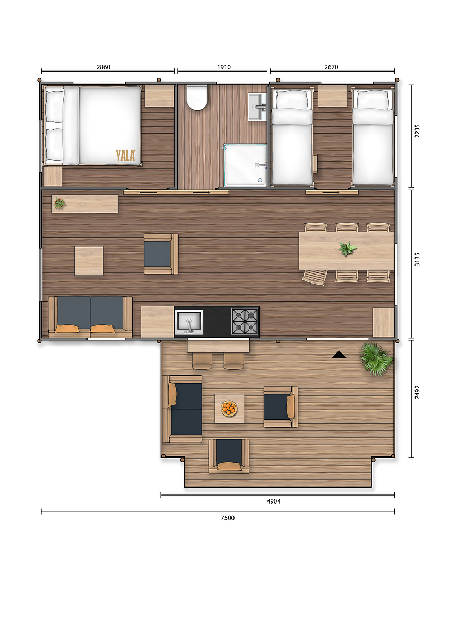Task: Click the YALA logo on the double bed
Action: tap(125, 155)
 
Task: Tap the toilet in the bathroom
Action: tap(197, 98)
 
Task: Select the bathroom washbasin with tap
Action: tap(257, 107)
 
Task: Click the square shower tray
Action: tap(245, 165)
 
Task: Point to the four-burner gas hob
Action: tap(245, 321)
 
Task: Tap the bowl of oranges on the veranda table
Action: tap(229, 408)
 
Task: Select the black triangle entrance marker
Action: tap(339, 355)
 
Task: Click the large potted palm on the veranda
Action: tap(376, 359)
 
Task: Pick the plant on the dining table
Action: tap(347, 249)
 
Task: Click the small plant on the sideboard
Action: tap(59, 204)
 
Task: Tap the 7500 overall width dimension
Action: tap(228, 518)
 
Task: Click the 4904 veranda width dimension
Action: tap(273, 501)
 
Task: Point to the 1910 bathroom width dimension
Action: tap(224, 67)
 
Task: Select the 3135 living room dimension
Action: tap(417, 259)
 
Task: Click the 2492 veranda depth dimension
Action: tap(417, 392)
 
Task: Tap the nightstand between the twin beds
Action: tap(333, 96)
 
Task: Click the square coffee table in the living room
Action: tap(89, 261)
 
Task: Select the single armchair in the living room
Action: tap(161, 254)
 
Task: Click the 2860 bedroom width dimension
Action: tap(103, 67)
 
